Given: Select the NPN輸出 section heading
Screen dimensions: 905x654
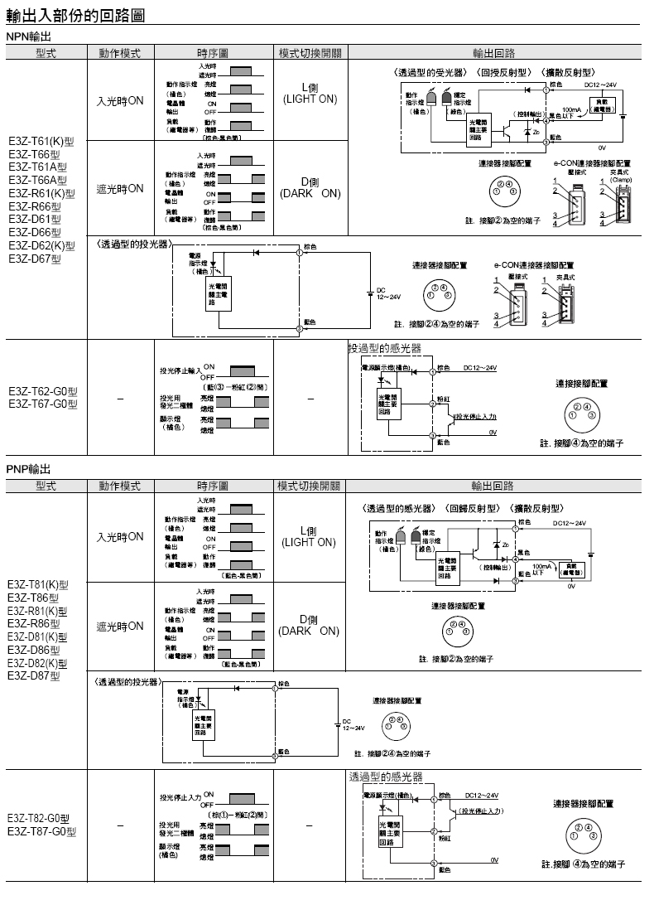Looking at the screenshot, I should pos(30,38).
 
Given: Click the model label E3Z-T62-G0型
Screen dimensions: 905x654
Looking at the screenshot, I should pos(43,392).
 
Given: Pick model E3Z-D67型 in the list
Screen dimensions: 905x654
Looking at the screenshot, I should pos(35,259).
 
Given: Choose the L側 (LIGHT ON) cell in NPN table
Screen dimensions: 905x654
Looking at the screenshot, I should pos(310,93).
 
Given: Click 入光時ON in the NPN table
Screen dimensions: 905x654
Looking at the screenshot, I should pos(120,100).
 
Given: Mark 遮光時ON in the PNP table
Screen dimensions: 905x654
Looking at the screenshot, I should pos(120,626).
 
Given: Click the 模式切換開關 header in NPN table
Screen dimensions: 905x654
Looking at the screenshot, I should pos(310,53).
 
